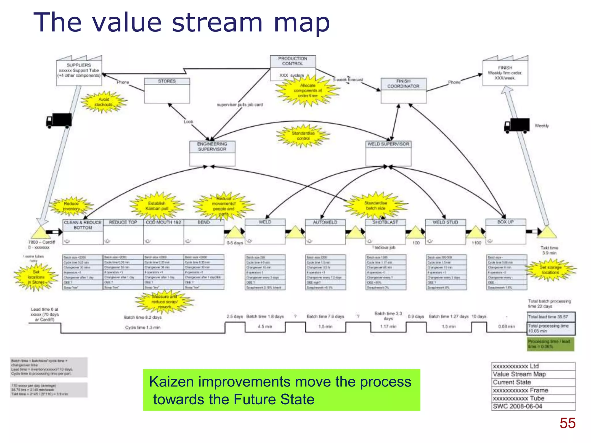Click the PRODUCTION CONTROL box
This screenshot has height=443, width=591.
(293, 68)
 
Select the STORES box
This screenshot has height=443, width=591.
(167, 91)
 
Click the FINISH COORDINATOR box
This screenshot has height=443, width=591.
(403, 91)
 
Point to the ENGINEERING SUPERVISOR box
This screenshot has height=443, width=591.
(212, 153)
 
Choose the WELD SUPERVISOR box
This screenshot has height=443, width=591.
(388, 153)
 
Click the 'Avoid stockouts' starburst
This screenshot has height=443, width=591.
(104, 102)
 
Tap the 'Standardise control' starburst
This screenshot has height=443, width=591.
(303, 136)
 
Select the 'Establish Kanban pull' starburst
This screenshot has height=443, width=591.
(157, 206)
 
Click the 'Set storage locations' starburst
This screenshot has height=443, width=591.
(550, 270)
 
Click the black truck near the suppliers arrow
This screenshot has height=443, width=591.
(59, 121)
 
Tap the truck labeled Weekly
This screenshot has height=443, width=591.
(517, 125)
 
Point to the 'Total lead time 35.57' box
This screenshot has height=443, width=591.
(551, 317)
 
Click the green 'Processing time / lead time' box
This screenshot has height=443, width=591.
(550, 344)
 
